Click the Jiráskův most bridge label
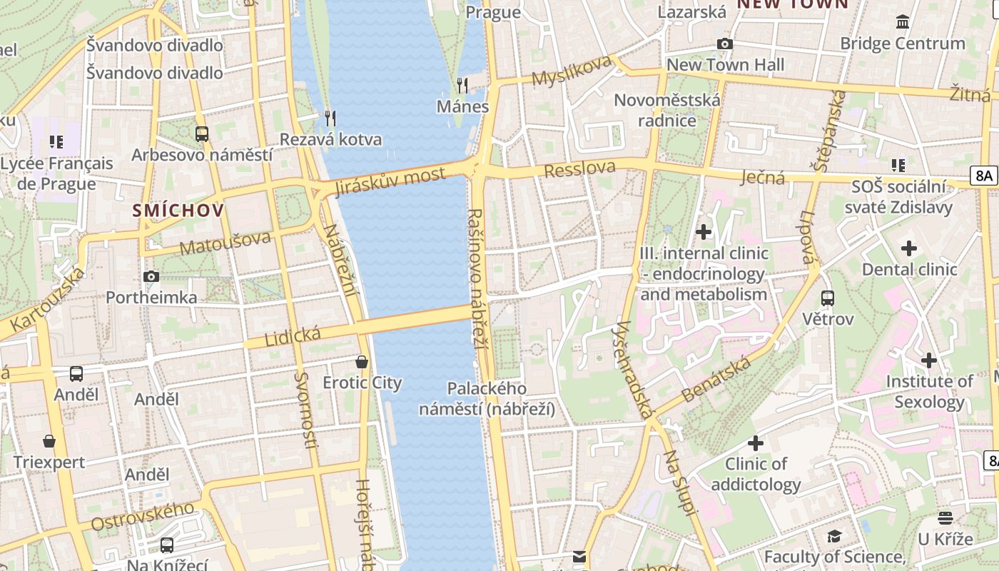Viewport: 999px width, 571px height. [x=390, y=181]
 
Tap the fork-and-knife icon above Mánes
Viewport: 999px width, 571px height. [x=462, y=86]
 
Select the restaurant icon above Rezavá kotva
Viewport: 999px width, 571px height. [x=330, y=118]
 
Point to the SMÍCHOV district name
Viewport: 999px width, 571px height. [x=178, y=211]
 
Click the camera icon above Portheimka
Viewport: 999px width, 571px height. [x=151, y=276]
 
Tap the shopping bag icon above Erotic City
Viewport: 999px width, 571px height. [x=362, y=362]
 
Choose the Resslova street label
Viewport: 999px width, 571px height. [x=579, y=169]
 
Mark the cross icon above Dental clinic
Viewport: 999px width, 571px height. [x=908, y=248]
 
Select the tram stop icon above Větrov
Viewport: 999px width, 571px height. [x=828, y=298]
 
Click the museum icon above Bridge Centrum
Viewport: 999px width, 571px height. [x=903, y=22]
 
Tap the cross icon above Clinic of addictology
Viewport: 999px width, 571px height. [x=755, y=443]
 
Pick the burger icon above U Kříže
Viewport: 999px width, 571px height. [x=945, y=518]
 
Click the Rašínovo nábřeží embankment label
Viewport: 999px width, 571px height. [x=477, y=278]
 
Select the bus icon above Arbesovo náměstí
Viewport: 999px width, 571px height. [x=202, y=133]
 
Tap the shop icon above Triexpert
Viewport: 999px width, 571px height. [x=49, y=441]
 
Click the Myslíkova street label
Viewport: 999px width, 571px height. [x=572, y=69]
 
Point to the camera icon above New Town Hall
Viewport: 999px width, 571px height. [x=725, y=44]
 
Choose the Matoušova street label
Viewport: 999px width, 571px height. [x=225, y=243]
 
